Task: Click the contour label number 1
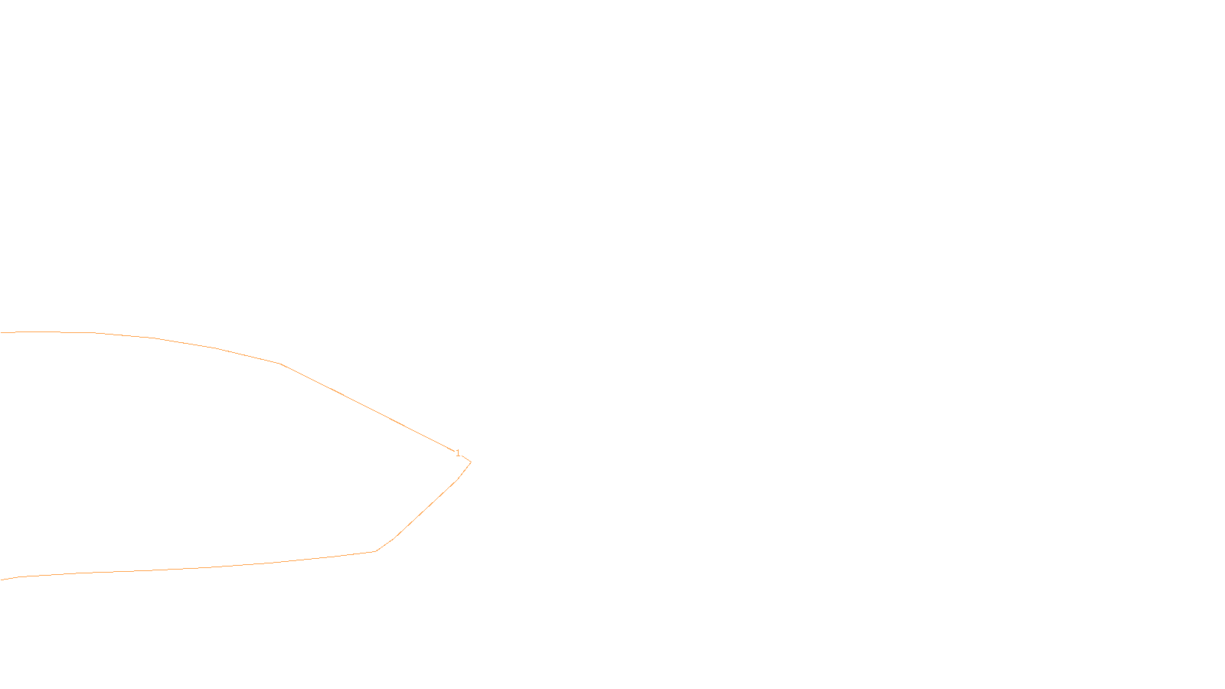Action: (x=458, y=453)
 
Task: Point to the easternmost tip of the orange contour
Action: (x=471, y=462)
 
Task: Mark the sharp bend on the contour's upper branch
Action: (x=280, y=364)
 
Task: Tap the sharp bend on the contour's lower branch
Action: (x=375, y=551)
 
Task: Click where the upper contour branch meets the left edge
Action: (x=1, y=332)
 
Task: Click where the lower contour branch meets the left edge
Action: (x=1, y=580)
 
